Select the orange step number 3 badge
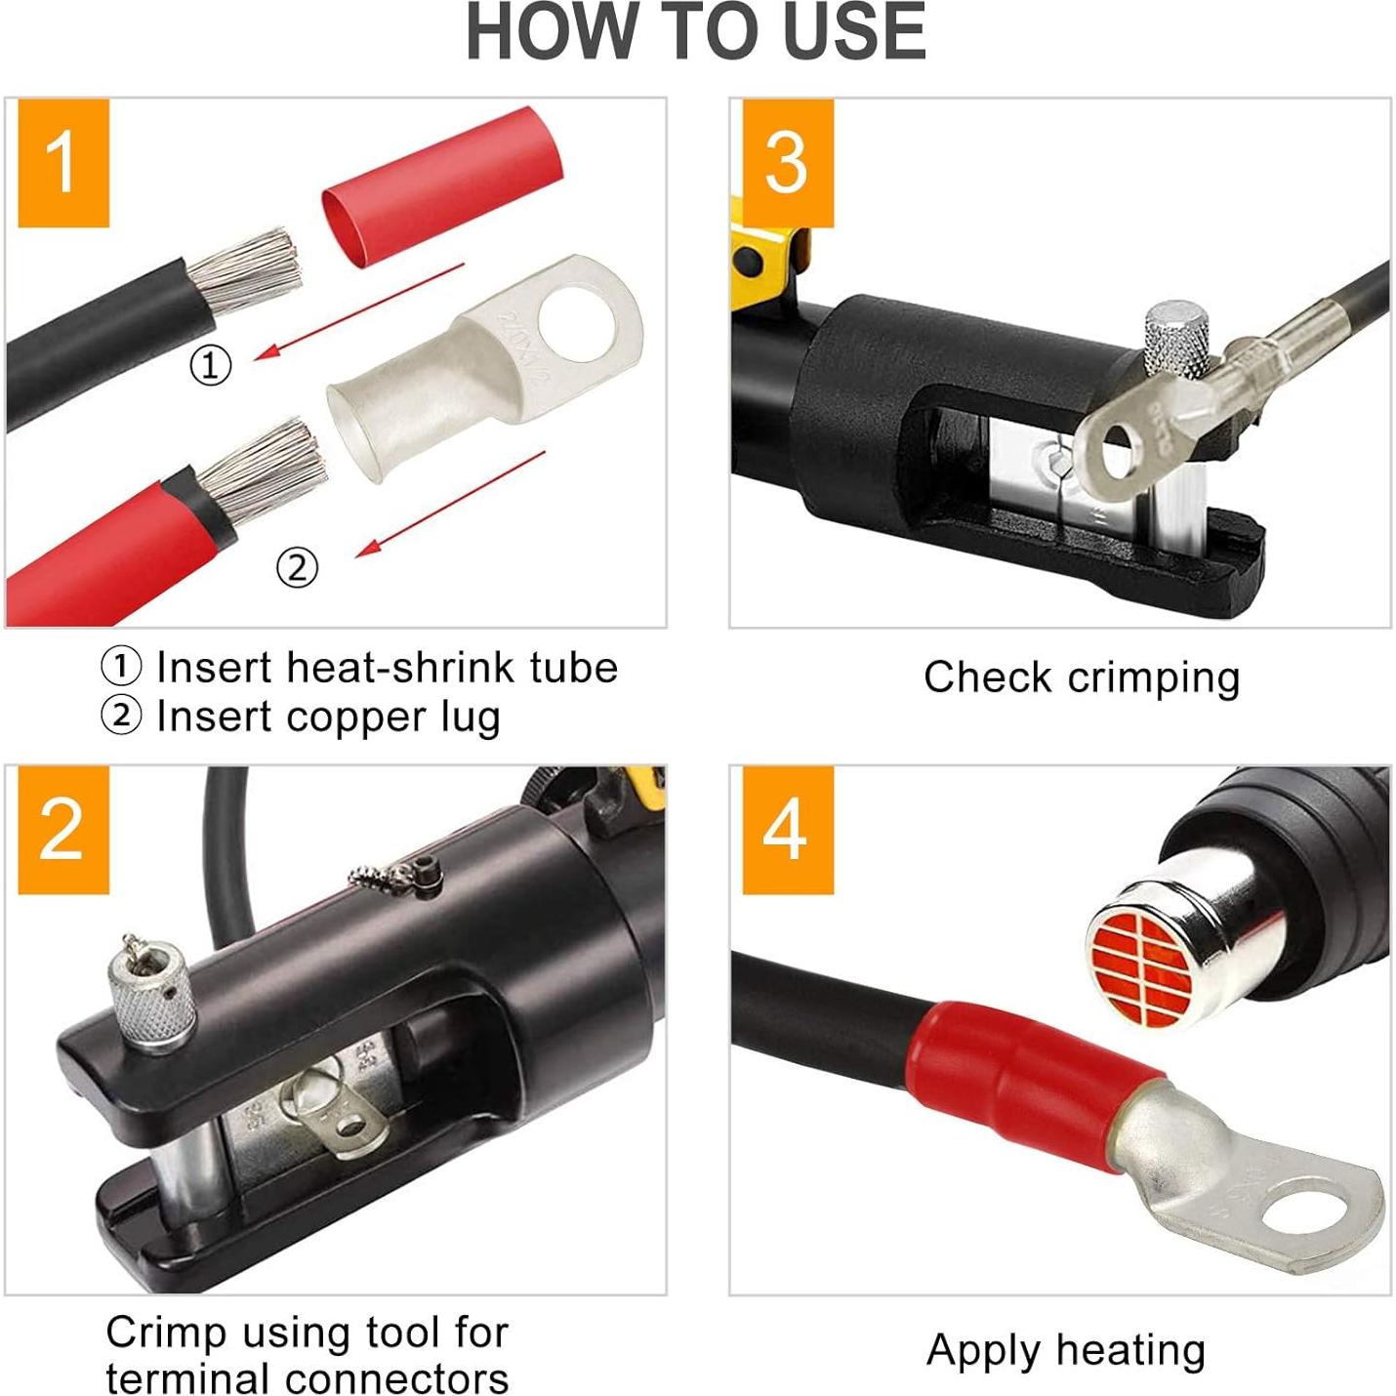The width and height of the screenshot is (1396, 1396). [787, 163]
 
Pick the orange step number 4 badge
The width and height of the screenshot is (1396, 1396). [787, 830]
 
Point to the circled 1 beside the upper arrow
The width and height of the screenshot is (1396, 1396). [210, 365]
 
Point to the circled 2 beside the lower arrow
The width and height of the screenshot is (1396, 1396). [297, 566]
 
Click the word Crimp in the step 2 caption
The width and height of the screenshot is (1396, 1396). [167, 1333]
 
